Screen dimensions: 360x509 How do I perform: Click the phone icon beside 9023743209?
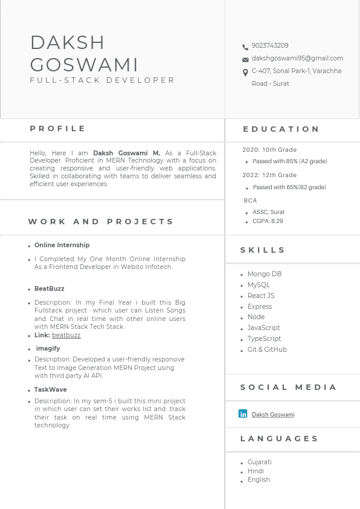click(245, 47)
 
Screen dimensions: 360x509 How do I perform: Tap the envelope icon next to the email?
click(245, 60)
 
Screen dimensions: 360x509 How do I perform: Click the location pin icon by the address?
click(245, 73)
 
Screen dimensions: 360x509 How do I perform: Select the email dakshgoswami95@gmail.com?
click(297, 59)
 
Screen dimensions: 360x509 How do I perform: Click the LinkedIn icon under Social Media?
click(243, 414)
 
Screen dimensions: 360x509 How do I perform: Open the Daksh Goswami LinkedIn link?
click(273, 415)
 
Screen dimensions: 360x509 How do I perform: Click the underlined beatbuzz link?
click(66, 336)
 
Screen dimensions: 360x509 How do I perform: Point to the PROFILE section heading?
click(58, 129)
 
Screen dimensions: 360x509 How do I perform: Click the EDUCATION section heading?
click(281, 129)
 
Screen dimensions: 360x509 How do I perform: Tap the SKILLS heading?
click(263, 250)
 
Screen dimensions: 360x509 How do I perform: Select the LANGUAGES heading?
click(280, 439)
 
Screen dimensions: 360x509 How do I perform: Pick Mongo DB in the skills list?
click(265, 274)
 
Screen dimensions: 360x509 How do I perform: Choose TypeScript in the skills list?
click(264, 339)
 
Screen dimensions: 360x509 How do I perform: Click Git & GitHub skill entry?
click(267, 350)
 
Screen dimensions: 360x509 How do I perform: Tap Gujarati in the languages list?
click(260, 462)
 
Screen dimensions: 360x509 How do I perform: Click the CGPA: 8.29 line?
click(268, 222)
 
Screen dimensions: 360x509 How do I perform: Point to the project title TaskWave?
click(51, 390)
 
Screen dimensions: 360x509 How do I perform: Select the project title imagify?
click(48, 349)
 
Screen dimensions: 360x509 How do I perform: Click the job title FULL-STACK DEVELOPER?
click(103, 80)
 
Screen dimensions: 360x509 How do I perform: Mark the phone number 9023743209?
click(270, 46)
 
